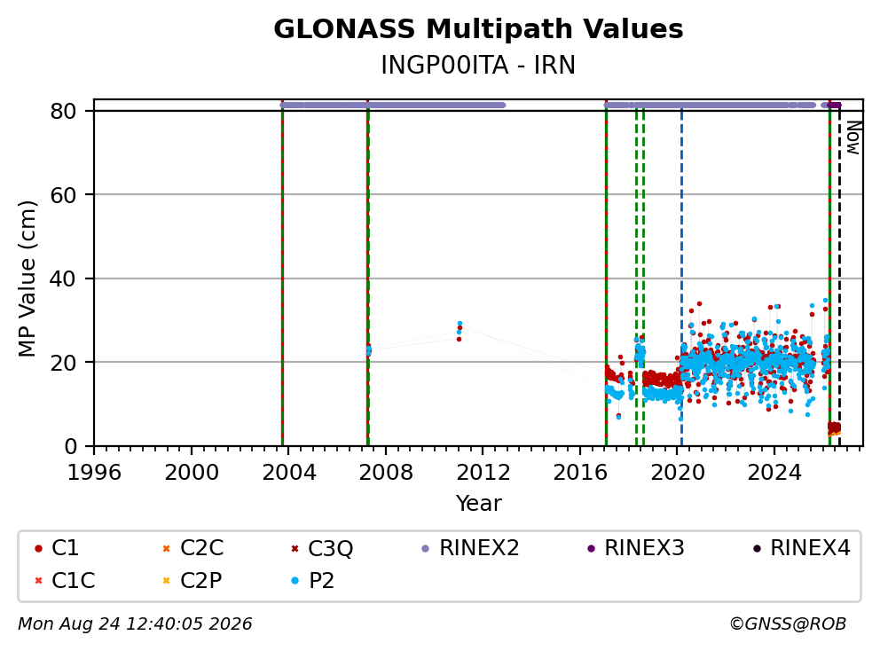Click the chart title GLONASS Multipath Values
point(478,29)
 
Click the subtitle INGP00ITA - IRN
point(478,65)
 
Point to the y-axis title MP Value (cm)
point(27,278)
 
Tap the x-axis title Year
point(478,504)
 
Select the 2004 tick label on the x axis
point(288,473)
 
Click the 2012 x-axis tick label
point(483,473)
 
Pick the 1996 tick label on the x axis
point(94,473)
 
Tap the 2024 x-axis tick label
point(774,473)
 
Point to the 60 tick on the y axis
point(63,195)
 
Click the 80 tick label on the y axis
point(63,111)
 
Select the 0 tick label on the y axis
point(71,447)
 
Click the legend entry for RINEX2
point(470,548)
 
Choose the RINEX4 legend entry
point(801,548)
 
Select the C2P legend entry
point(192,580)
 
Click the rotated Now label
point(853,137)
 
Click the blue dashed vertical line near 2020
point(681,278)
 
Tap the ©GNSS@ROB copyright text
point(788,624)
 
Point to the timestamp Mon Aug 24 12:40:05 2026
point(135,624)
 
